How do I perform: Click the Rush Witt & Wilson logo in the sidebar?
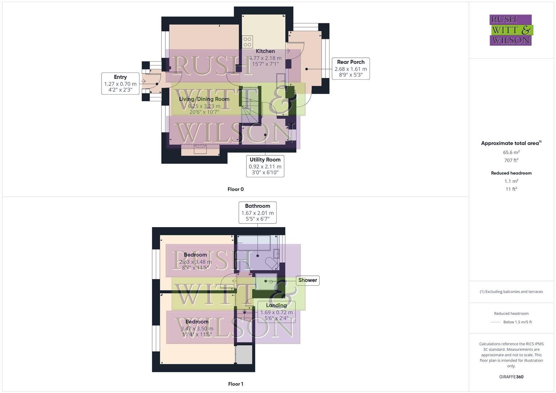[x=510, y=30]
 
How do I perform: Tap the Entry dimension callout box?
[x=120, y=83]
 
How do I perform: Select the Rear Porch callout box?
[x=351, y=68]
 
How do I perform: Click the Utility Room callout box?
[x=265, y=166]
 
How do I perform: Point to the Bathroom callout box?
[x=257, y=213]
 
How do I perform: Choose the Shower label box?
[x=307, y=280]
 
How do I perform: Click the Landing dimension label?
[x=276, y=312]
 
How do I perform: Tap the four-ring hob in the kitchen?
[x=247, y=42]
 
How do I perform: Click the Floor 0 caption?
[x=236, y=189]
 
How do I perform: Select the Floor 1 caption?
[x=236, y=384]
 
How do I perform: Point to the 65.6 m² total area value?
[x=511, y=152]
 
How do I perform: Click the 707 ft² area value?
[x=511, y=160]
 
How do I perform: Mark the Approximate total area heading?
[x=511, y=143]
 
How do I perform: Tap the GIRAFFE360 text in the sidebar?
[x=511, y=377]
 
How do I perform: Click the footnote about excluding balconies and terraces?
[x=511, y=291]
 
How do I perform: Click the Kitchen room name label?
[x=265, y=51]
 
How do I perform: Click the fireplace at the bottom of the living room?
[x=200, y=149]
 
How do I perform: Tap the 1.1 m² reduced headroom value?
[x=511, y=181]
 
